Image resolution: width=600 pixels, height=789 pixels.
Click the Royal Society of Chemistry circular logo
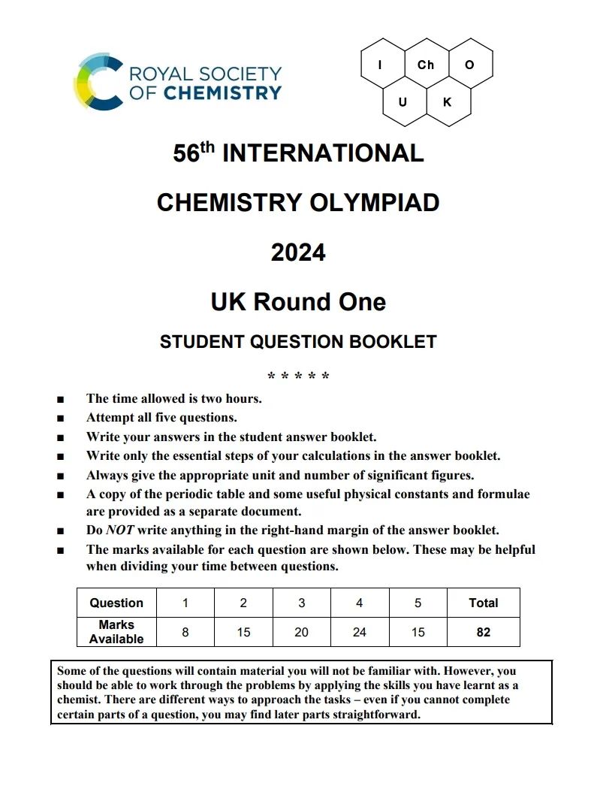point(98,82)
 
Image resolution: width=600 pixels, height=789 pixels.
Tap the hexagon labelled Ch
point(426,65)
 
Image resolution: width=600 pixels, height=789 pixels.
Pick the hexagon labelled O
point(469,65)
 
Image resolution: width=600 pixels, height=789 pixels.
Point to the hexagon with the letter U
point(403,101)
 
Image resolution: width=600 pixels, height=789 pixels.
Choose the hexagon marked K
point(448,101)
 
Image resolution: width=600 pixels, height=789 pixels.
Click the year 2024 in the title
point(298,252)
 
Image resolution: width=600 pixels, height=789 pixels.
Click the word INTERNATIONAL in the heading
point(323,153)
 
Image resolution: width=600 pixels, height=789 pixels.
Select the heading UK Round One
point(298,302)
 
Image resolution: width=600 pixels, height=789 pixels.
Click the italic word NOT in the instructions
point(119,530)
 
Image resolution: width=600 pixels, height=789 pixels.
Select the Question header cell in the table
point(116,603)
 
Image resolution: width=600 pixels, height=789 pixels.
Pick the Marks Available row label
point(116,631)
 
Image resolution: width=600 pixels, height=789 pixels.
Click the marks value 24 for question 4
point(360,632)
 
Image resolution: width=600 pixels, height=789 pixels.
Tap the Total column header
point(483,603)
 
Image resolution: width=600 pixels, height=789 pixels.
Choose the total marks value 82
point(483,632)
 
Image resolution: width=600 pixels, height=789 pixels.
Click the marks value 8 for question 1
point(185,632)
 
